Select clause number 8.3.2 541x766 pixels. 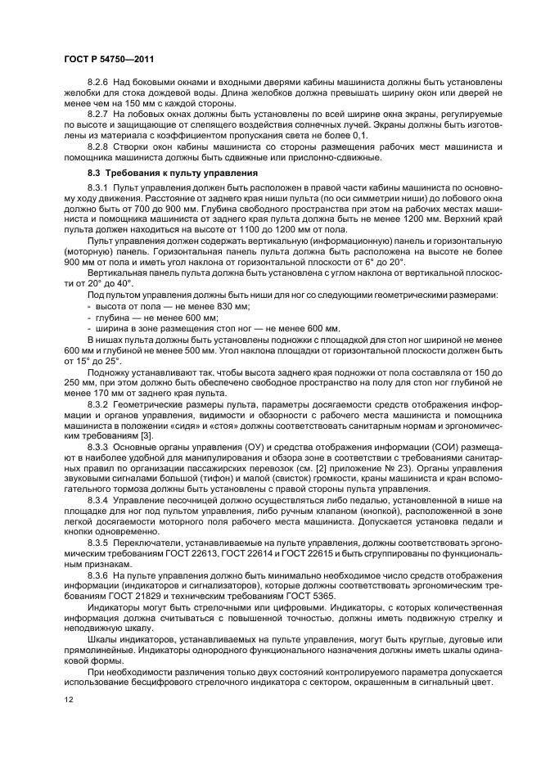pyautogui.click(x=99, y=403)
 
